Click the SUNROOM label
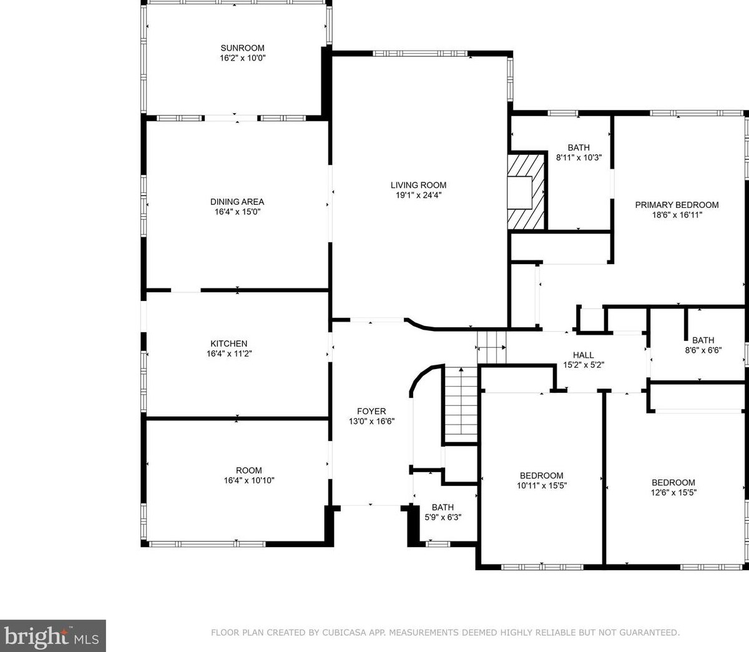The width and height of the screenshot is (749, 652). (x=242, y=48)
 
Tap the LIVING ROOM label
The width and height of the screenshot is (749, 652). (x=418, y=185)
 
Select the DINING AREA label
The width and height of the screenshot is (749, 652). (x=237, y=202)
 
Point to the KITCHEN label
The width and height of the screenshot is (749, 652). (x=229, y=343)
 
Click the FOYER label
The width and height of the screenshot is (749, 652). (x=371, y=411)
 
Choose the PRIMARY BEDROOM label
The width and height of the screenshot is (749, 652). (x=677, y=205)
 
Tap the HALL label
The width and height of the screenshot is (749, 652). (x=584, y=355)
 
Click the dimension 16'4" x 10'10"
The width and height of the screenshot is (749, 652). (x=249, y=480)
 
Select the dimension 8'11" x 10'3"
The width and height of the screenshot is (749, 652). (x=579, y=157)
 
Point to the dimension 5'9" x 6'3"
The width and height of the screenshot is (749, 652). (x=443, y=517)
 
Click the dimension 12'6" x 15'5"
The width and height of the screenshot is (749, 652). (x=673, y=492)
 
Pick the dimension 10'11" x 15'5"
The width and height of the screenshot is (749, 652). (x=542, y=485)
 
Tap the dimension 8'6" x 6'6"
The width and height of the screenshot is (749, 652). (x=703, y=350)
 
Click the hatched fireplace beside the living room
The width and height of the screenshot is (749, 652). (x=526, y=192)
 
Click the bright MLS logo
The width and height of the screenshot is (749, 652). (x=52, y=636)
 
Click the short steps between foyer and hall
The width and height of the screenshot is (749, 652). (x=492, y=347)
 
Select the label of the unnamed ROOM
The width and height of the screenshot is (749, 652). (x=249, y=470)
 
